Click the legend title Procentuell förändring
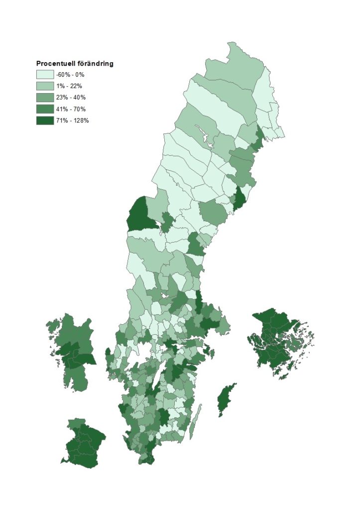[75, 64]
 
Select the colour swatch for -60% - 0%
[44, 75]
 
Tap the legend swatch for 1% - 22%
[44, 86]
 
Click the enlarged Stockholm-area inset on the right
[281, 344]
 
